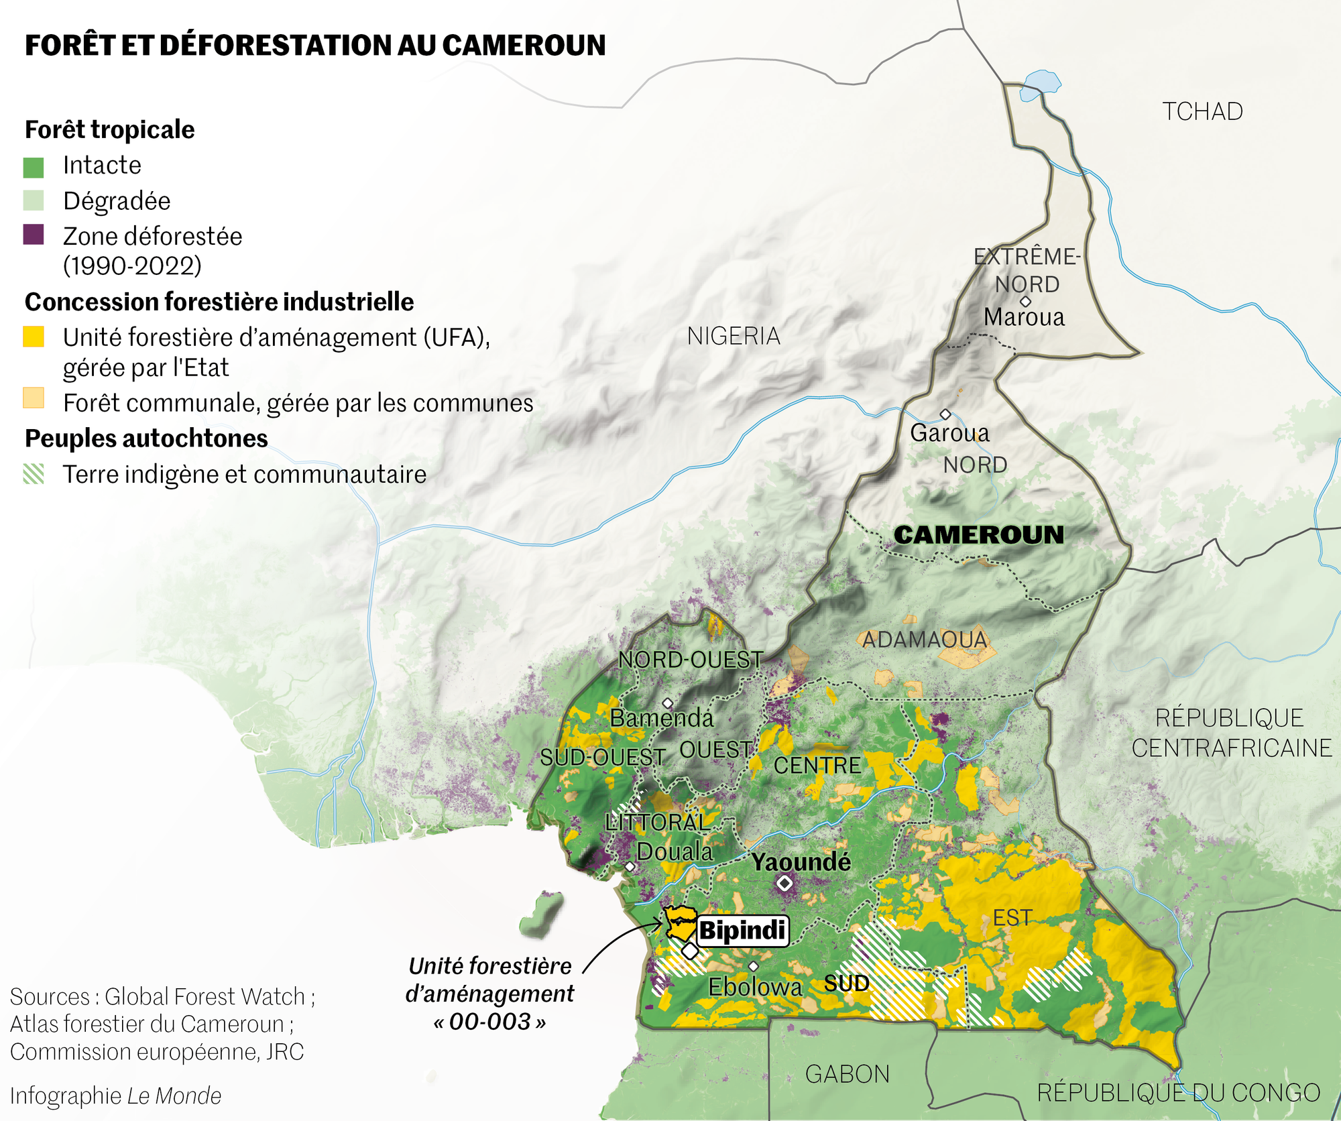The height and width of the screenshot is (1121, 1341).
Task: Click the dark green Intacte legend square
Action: tap(34, 168)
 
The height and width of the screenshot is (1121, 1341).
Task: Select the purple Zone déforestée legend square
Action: tap(34, 235)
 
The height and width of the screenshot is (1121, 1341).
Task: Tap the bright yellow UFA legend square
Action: tap(34, 337)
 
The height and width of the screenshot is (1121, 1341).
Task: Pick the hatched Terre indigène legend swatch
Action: tap(34, 473)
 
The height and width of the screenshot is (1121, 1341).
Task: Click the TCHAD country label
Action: tap(1202, 111)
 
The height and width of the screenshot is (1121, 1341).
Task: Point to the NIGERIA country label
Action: tap(734, 336)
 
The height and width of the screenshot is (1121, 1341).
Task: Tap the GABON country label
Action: tap(847, 1074)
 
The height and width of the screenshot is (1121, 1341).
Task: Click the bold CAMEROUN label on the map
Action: tap(978, 534)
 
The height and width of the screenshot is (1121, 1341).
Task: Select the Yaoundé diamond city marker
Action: tap(784, 884)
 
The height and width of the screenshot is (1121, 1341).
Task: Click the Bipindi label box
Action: tap(742, 931)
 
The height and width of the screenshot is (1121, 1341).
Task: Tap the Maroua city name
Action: tap(1024, 317)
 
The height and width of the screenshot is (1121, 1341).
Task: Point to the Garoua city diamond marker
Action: tap(945, 414)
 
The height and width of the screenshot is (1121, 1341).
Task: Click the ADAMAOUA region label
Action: tap(925, 640)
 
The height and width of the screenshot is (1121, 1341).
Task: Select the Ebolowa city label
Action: tap(755, 987)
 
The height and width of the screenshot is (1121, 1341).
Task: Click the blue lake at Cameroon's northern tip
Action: tap(1040, 84)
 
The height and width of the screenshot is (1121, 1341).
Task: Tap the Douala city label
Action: tap(675, 851)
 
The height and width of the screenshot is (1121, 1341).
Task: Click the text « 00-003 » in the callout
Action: tap(490, 1022)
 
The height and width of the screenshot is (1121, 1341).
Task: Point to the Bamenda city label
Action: tap(662, 718)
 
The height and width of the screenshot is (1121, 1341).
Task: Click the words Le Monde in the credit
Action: tap(174, 1096)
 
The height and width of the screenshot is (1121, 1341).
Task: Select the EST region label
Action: tap(1012, 918)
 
